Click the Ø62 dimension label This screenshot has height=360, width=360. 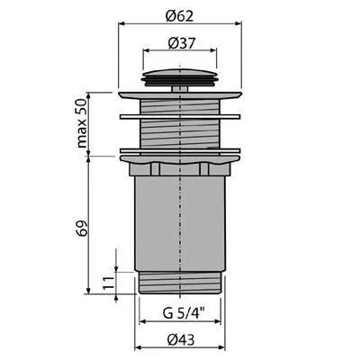click(x=180, y=16)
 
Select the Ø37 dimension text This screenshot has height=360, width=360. click(x=182, y=43)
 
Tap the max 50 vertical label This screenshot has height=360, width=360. click(x=81, y=123)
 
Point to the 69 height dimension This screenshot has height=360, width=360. click(x=81, y=228)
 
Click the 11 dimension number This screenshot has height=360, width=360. click(x=109, y=283)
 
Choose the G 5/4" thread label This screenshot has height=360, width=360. click(x=184, y=314)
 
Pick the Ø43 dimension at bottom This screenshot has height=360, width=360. click(x=181, y=340)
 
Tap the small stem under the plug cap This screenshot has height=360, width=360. click(x=180, y=89)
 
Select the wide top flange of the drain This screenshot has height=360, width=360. click(x=180, y=95)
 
